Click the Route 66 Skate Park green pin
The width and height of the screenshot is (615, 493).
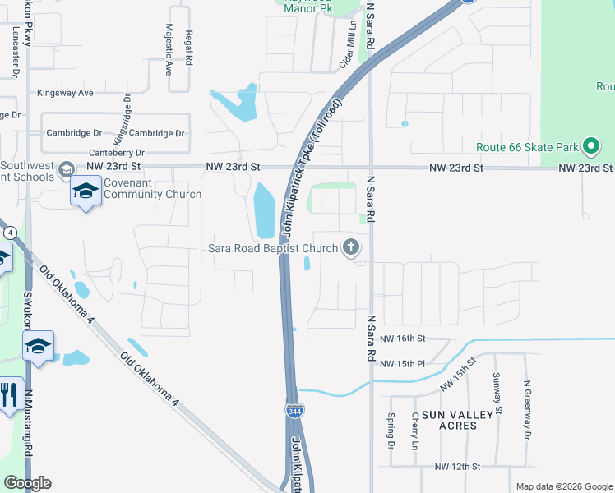[x=590, y=147]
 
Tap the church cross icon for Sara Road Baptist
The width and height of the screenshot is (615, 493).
[x=352, y=246]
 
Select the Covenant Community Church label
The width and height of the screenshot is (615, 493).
[x=152, y=188]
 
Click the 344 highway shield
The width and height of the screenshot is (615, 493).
[x=294, y=410]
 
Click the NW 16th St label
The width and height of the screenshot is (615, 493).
[x=402, y=338]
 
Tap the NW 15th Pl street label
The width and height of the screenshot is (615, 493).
[x=404, y=362]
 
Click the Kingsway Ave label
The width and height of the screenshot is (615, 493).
[x=65, y=93]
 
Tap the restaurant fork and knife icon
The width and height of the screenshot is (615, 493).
[x=9, y=394]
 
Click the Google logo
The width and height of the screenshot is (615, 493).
[x=27, y=483]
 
